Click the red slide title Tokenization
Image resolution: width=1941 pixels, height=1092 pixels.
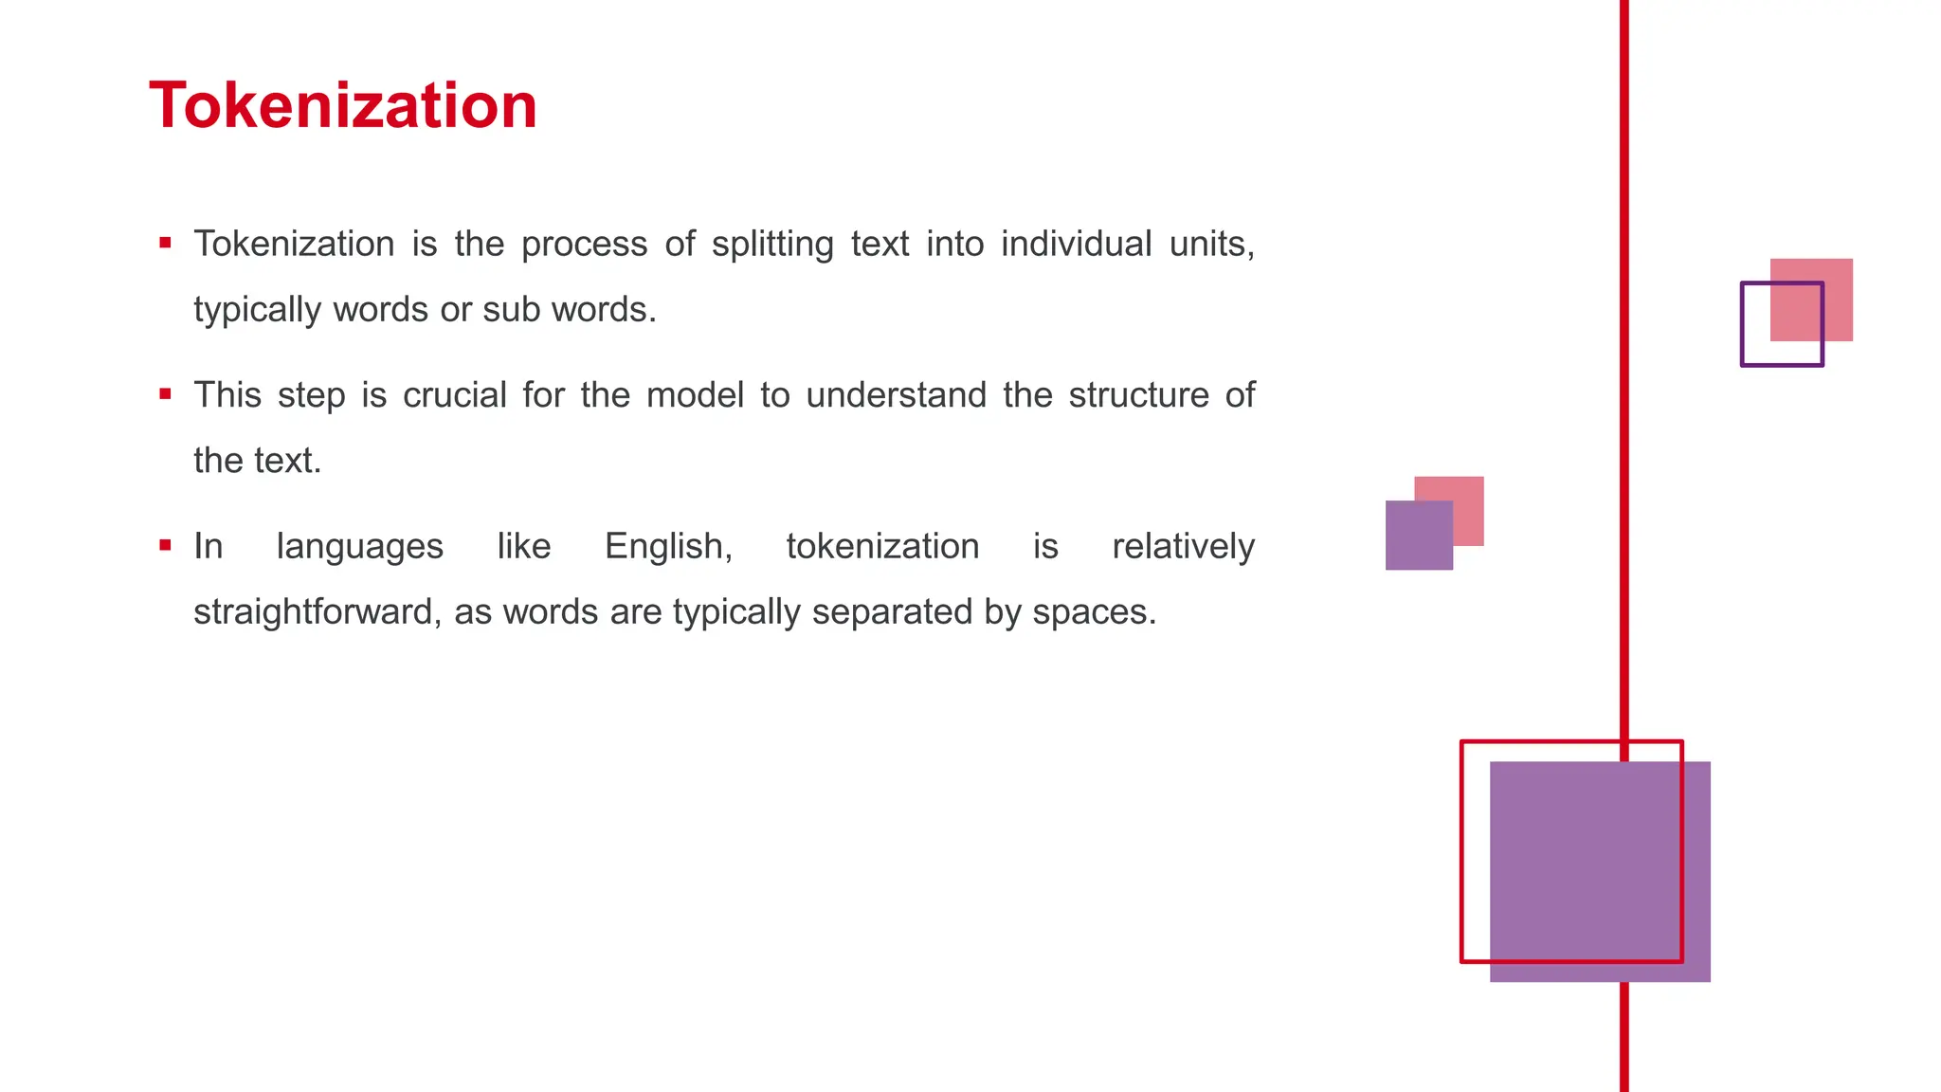(343, 105)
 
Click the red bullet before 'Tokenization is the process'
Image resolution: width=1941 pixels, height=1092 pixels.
(166, 244)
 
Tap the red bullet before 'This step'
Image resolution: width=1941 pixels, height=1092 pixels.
(166, 394)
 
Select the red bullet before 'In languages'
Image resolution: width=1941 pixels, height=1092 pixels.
(166, 545)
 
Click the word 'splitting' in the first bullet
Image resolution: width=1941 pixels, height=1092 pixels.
(772, 245)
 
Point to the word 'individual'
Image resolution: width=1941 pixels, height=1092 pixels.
(1076, 244)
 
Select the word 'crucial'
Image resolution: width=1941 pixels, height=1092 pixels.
(454, 395)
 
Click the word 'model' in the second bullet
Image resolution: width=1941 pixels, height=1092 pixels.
(695, 395)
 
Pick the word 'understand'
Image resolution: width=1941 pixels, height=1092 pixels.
(896, 395)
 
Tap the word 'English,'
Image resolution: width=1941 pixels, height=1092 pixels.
(668, 547)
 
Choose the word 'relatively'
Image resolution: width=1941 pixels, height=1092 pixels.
(1183, 547)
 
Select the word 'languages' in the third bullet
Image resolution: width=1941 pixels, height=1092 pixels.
(359, 548)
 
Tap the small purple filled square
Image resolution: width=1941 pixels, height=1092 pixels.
(1419, 536)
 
